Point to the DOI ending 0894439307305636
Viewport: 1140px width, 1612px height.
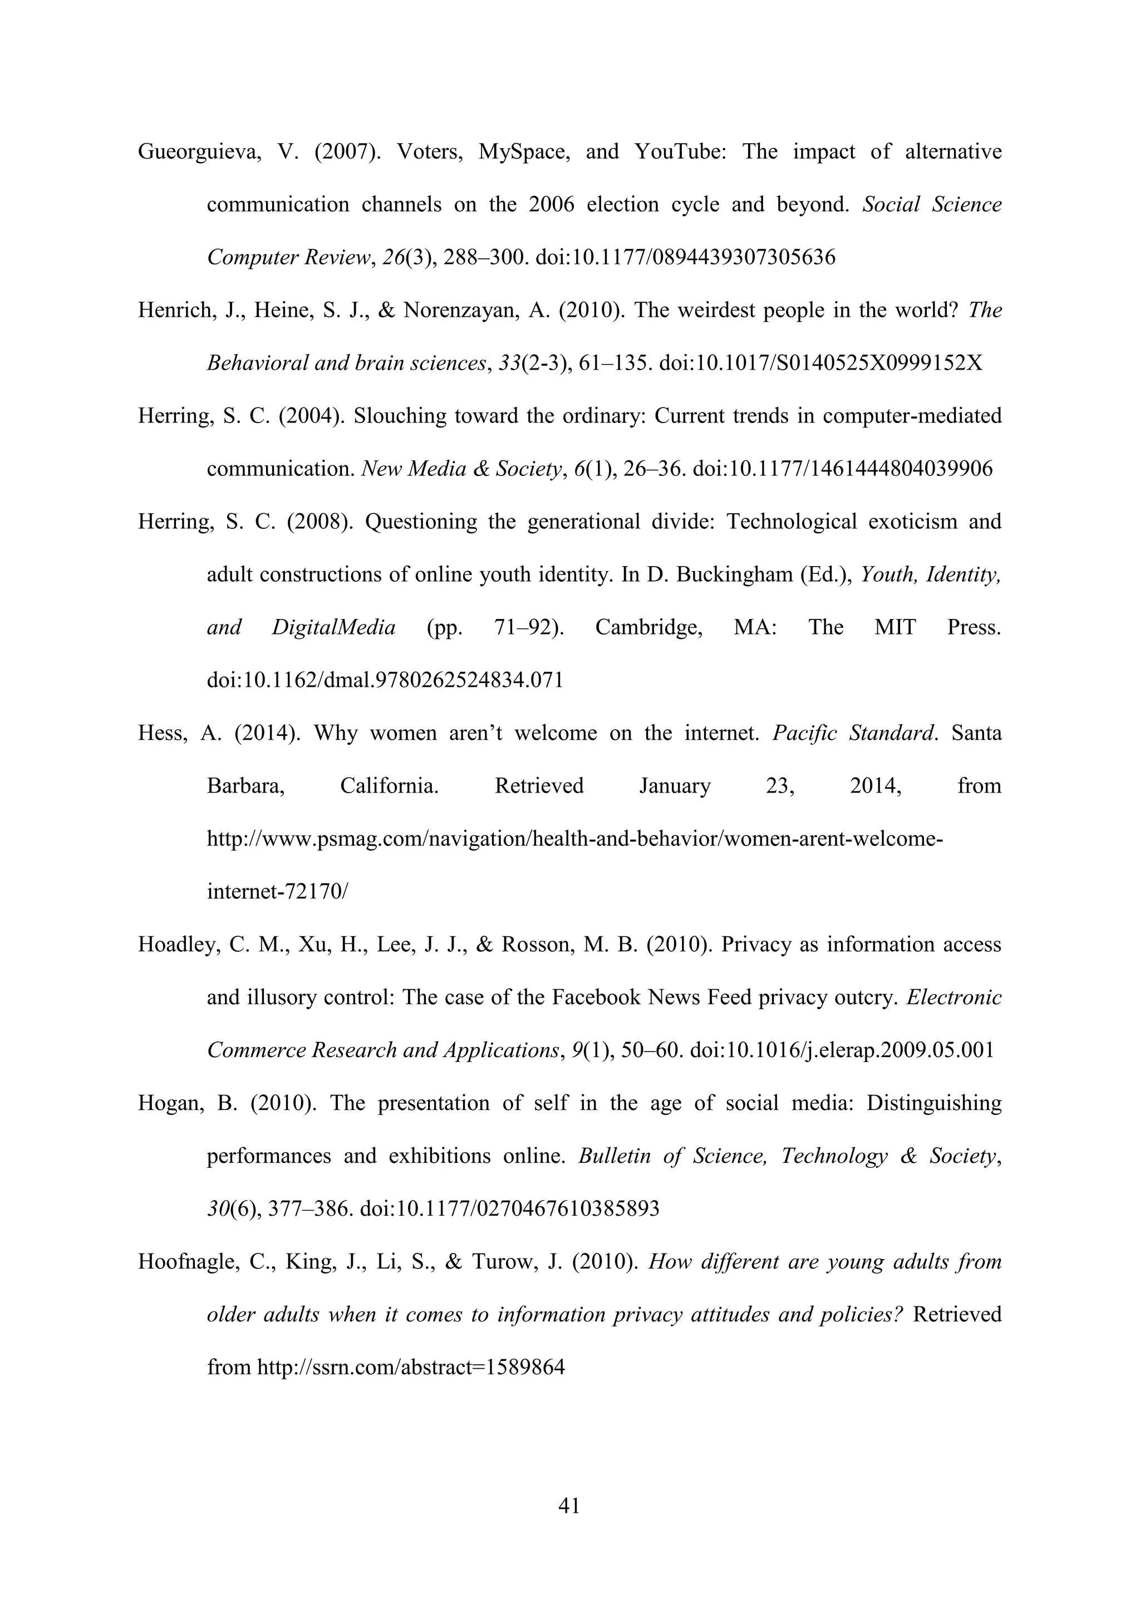point(685,258)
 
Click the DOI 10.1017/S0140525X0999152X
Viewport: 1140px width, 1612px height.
point(820,363)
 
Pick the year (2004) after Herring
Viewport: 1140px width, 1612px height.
point(309,416)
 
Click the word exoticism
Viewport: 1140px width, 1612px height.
point(912,522)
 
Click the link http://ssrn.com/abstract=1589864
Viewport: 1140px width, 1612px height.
point(411,1368)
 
